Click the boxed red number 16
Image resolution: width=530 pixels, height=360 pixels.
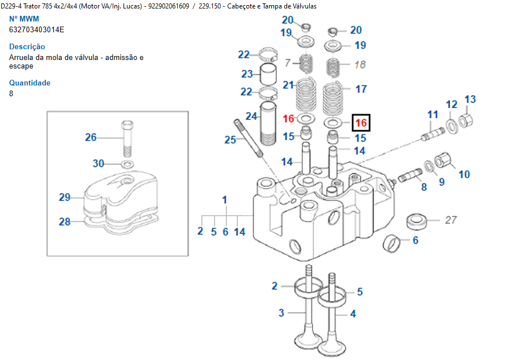click(x=361, y=122)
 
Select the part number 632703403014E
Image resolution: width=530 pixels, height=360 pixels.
click(x=37, y=29)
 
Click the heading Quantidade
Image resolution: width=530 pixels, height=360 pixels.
click(x=29, y=83)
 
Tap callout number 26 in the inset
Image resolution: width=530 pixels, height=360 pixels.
click(x=91, y=137)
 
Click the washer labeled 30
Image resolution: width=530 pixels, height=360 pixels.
click(x=128, y=164)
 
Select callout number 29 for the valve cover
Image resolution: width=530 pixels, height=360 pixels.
click(x=65, y=198)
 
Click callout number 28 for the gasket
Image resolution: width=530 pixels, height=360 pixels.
click(x=65, y=222)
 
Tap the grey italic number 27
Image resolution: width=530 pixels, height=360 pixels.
click(x=450, y=220)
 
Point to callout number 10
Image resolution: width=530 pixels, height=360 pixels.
click(x=464, y=174)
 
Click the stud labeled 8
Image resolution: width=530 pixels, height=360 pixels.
click(x=409, y=178)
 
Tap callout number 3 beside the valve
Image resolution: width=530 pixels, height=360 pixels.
click(x=281, y=312)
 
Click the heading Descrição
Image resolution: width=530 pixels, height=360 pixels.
click(x=27, y=46)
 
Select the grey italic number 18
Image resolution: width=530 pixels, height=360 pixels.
click(x=360, y=65)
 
